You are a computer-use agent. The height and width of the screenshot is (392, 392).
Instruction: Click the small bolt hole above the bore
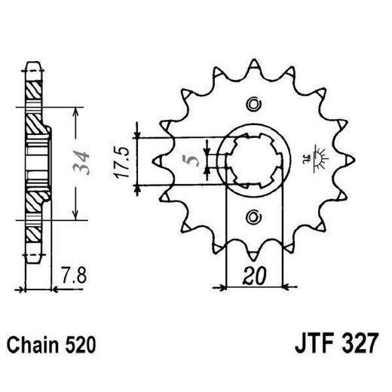pyautogui.click(x=253, y=103)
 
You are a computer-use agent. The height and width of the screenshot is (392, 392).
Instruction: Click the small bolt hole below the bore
pyautogui.click(x=253, y=218)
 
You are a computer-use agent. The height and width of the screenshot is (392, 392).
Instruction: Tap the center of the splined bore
pyautogui.click(x=253, y=160)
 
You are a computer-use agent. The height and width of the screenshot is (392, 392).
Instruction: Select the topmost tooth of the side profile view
pyautogui.click(x=32, y=68)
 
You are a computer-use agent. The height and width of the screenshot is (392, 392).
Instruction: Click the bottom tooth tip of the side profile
pyautogui.click(x=32, y=256)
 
